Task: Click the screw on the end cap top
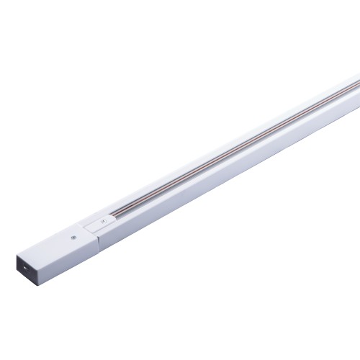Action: (x=73, y=235)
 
